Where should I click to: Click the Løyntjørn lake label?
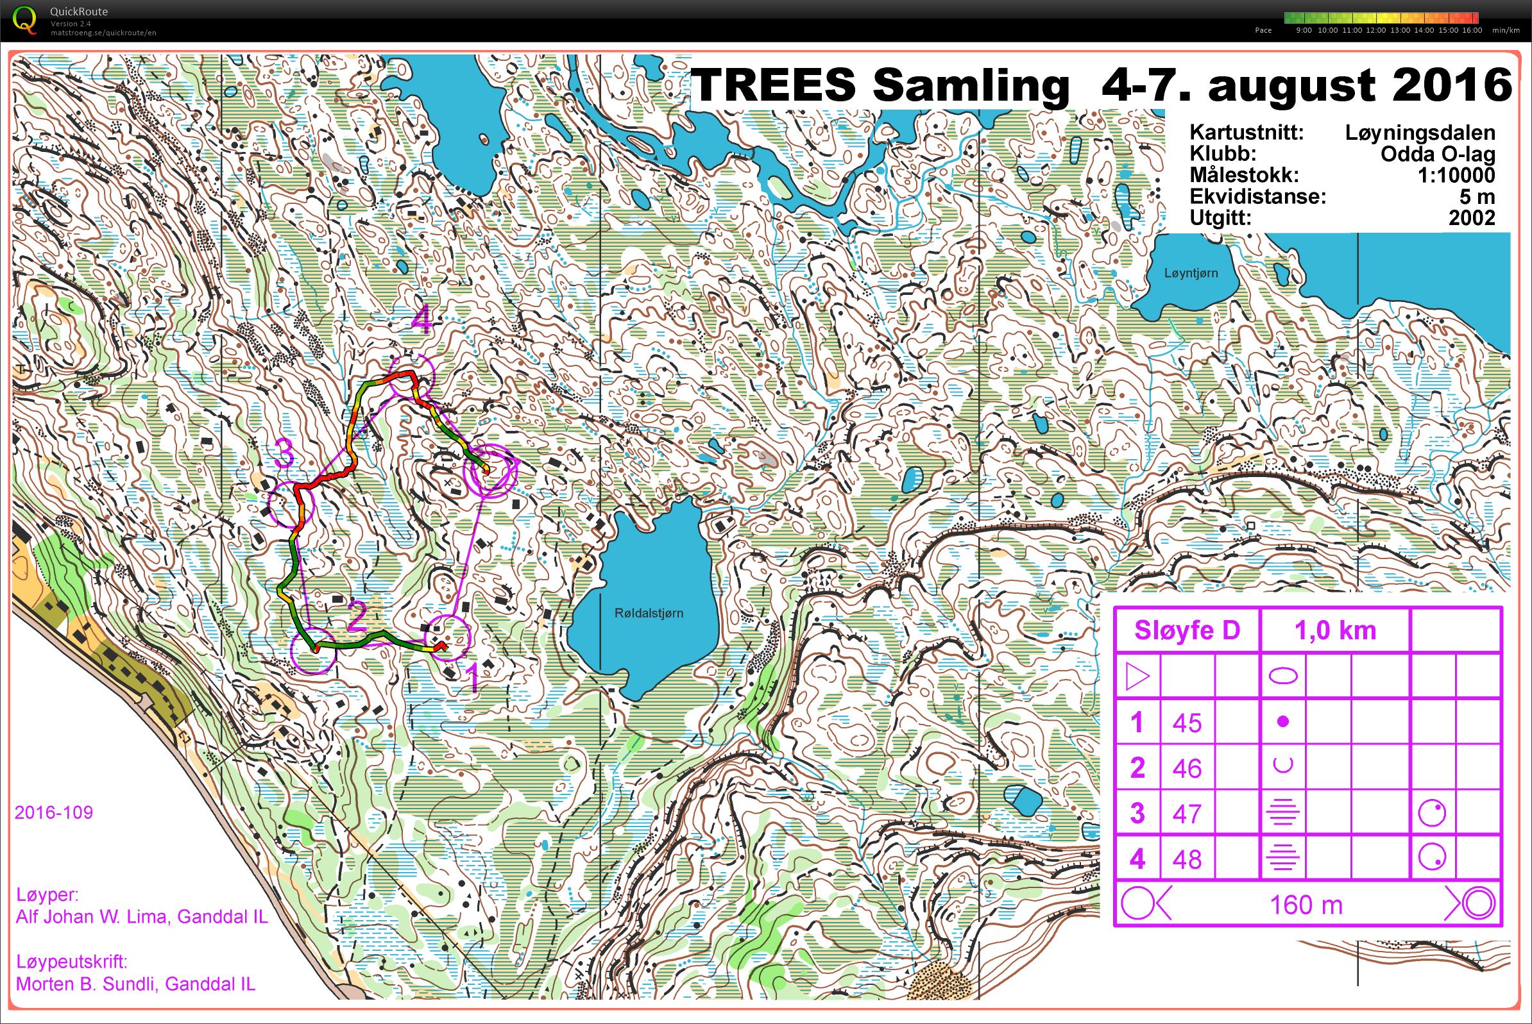[x=1191, y=273]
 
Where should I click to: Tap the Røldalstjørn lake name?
[x=649, y=612]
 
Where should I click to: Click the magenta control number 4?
[x=422, y=321]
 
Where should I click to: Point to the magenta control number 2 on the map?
[x=357, y=617]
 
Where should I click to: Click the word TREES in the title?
[x=772, y=85]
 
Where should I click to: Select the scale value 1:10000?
[x=1456, y=175]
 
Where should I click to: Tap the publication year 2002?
[x=1471, y=217]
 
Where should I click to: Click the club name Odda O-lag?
[x=1437, y=154]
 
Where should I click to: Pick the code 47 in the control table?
[x=1186, y=814]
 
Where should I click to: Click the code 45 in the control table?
[x=1186, y=723]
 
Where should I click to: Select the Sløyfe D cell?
[x=1186, y=630]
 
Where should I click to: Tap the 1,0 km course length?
[x=1334, y=630]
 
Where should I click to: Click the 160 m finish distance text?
[x=1306, y=905]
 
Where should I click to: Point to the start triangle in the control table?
[x=1137, y=676]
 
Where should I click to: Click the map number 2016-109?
[x=54, y=812]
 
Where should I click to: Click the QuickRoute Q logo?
[x=25, y=20]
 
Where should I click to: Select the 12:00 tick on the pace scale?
[x=1375, y=30]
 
